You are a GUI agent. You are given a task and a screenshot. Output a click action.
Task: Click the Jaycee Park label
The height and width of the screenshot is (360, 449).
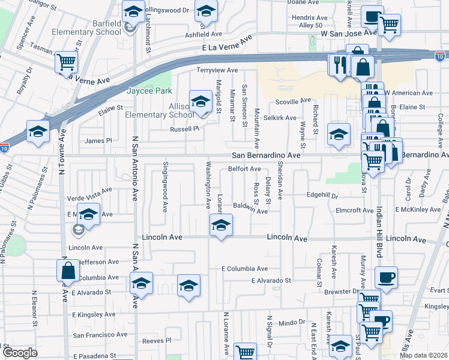tap(149, 91)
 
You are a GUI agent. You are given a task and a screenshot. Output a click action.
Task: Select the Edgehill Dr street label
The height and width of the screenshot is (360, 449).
tap(322, 196)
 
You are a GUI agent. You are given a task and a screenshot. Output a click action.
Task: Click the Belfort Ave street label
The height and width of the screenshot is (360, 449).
tap(244, 169)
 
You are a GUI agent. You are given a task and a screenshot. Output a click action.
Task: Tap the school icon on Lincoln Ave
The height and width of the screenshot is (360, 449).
tap(221, 226)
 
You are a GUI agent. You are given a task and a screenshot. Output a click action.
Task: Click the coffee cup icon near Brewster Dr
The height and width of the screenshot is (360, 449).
tap(385, 278)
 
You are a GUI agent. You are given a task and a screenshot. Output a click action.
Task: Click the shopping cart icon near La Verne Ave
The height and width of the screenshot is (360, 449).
tap(66, 62)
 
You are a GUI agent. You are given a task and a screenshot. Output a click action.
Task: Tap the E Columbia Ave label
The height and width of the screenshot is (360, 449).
tap(243, 269)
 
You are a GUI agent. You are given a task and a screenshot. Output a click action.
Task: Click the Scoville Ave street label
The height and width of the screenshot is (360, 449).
tap(293, 101)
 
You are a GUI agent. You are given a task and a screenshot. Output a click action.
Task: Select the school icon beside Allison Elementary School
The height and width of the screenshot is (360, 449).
tap(201, 101)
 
